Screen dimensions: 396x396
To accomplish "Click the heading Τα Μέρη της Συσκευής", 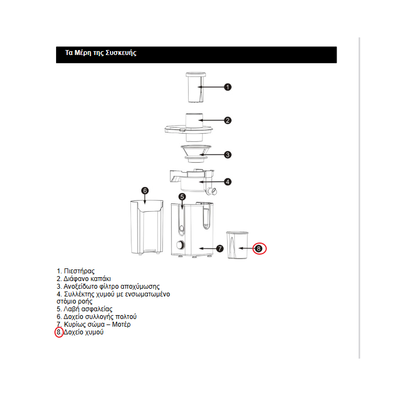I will (x=101, y=53).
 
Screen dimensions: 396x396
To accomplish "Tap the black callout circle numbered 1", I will (x=228, y=87).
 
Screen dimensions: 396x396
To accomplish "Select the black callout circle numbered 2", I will (x=228, y=120).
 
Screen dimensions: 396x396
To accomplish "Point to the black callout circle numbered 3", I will (x=228, y=155).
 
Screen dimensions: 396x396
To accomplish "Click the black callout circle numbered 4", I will (x=228, y=182).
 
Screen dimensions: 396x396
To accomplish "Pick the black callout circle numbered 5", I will (x=182, y=196).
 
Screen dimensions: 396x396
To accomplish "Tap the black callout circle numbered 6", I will (x=145, y=191).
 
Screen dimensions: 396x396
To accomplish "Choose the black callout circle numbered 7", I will (x=219, y=249).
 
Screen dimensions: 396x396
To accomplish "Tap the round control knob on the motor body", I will (x=179, y=246).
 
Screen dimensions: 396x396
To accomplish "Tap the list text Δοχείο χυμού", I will (x=84, y=332).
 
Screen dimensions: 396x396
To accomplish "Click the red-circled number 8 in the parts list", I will (x=59, y=332).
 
